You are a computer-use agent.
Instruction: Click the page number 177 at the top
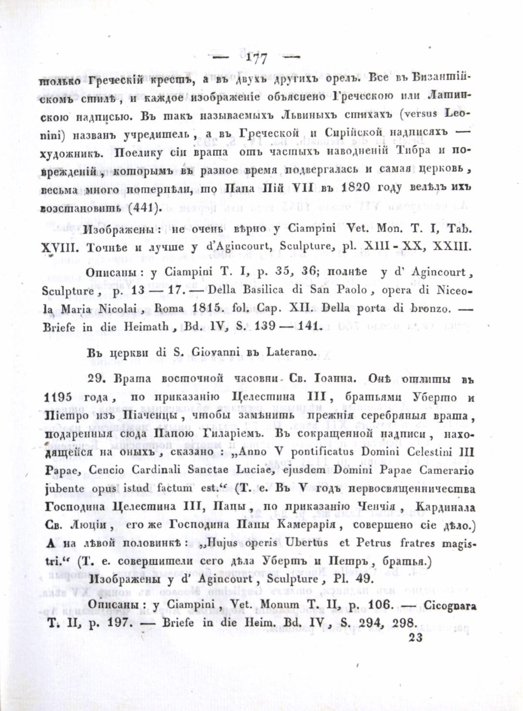(257, 58)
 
